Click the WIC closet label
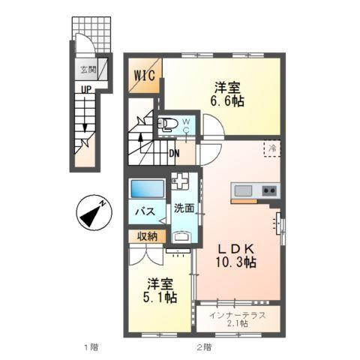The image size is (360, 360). [145, 76]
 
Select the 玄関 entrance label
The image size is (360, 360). [88, 70]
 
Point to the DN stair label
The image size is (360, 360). [174, 154]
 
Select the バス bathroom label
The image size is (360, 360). [145, 212]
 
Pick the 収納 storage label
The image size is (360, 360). [148, 236]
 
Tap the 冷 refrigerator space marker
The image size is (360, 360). [274, 148]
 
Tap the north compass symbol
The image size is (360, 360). [94, 211]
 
